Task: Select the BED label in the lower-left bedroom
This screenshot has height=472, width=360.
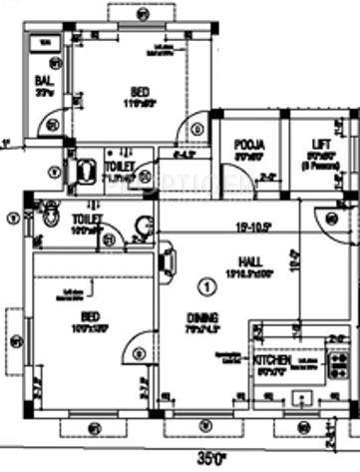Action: (x=88, y=316)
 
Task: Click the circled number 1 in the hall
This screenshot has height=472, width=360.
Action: (x=206, y=287)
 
